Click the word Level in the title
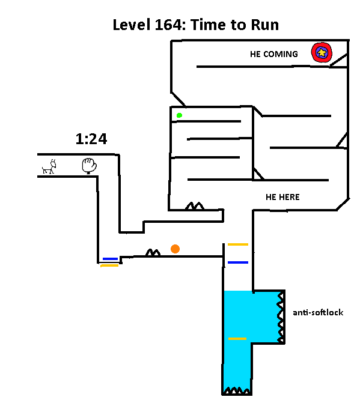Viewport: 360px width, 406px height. coord(132,25)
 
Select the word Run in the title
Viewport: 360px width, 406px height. coord(265,25)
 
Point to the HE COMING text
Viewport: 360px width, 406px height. coord(274,54)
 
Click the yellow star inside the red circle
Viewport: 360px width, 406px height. coord(322,53)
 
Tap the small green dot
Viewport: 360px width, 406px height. coord(179,115)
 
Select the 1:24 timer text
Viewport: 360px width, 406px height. coord(91,139)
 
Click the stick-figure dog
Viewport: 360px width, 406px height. coord(49,167)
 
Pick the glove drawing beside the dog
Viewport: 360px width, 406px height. coord(89,166)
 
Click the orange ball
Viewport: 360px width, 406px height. coord(175,249)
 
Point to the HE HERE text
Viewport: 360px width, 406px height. coord(282,197)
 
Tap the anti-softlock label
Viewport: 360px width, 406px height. coord(318,312)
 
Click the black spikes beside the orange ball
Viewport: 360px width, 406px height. coord(153,252)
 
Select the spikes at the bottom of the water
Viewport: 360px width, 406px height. coord(237,390)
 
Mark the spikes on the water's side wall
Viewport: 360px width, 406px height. coord(281,318)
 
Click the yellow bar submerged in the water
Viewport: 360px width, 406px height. coord(237,339)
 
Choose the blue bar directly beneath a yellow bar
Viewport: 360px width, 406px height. coord(238,262)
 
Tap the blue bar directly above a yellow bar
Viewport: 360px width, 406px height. coord(110,259)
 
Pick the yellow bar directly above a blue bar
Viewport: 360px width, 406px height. coord(238,244)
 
